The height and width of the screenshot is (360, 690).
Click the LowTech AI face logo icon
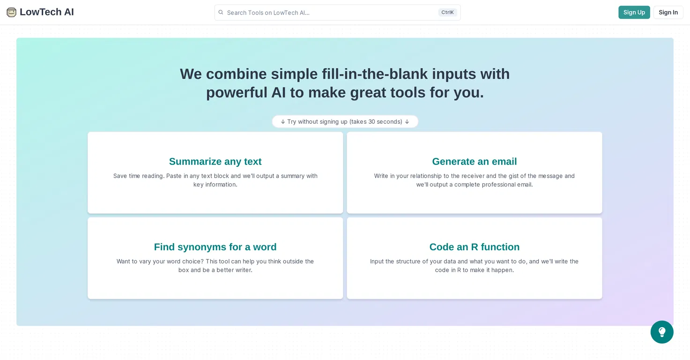coord(11,12)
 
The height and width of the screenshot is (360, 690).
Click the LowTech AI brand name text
coord(47,12)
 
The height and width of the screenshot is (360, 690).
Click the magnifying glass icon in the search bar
coord(221,12)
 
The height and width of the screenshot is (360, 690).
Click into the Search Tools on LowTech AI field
coord(330,13)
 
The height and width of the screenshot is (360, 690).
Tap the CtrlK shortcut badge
coord(447,12)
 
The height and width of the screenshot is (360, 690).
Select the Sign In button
coord(668,12)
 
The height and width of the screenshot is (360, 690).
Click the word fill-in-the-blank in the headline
coord(375,74)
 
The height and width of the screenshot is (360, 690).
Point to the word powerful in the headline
coord(237,92)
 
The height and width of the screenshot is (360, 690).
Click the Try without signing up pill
coord(345,121)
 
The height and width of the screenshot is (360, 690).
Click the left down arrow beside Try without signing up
coord(283,122)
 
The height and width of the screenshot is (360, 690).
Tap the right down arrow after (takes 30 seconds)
coord(407,122)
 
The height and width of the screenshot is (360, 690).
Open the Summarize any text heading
coord(215,162)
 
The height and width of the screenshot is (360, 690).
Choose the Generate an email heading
coord(475,162)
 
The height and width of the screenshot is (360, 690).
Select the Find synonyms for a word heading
coord(215,247)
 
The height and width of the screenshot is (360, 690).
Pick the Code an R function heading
coord(475,247)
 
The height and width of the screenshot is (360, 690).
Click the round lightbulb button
coord(662,332)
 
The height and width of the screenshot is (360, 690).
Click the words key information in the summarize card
coord(215,185)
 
